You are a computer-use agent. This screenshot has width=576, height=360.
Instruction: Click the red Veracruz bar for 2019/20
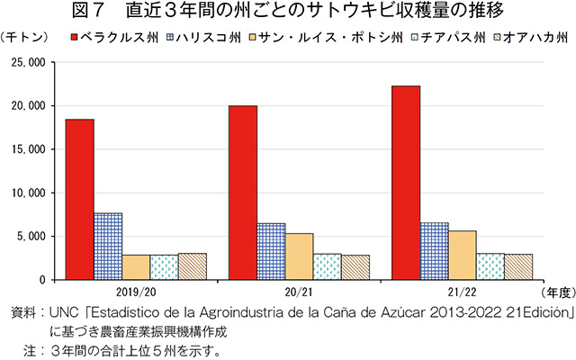pos(79,199)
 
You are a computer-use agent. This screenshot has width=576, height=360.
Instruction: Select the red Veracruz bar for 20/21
pos(243,193)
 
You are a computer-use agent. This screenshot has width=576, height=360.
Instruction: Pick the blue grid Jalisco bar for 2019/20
pos(108,246)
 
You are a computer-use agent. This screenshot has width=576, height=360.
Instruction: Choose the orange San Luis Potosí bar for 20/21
pos(299,256)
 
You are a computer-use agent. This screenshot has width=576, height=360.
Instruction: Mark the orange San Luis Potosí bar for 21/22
pos(462,256)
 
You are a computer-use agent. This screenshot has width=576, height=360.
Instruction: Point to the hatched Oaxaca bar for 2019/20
pos(192,266)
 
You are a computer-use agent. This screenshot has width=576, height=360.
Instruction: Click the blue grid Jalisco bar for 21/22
pos(434,251)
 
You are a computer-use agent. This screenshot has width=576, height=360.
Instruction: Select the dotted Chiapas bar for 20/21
pos(327,266)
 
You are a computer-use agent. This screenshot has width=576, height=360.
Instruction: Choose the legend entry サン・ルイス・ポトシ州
pos(319,38)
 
